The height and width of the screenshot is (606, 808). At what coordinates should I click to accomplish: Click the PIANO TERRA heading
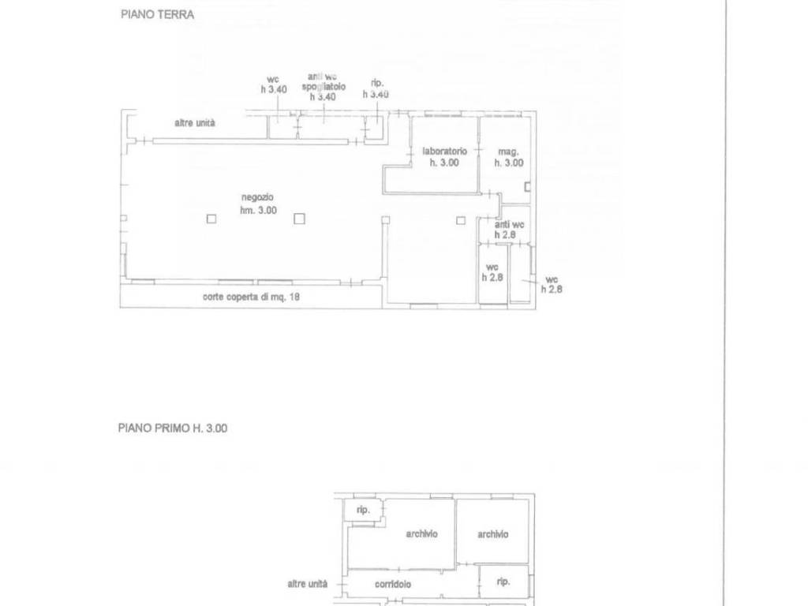pyautogui.click(x=157, y=14)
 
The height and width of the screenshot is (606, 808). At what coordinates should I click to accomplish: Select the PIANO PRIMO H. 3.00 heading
pyautogui.click(x=173, y=428)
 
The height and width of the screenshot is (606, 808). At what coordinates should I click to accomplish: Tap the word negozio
pyautogui.click(x=258, y=197)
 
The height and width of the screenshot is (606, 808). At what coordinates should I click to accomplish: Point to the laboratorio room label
pyautogui.click(x=445, y=151)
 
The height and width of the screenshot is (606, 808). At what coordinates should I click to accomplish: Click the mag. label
pyautogui.click(x=509, y=152)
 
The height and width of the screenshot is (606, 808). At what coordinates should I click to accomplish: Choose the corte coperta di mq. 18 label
pyautogui.click(x=251, y=297)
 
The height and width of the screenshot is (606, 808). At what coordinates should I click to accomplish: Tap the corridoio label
pyautogui.click(x=393, y=585)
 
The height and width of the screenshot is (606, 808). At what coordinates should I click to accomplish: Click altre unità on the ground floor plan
pyautogui.click(x=195, y=122)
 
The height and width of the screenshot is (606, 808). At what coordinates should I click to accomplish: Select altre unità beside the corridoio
pyautogui.click(x=307, y=584)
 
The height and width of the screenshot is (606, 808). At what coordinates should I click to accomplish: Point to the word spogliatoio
pyautogui.click(x=324, y=87)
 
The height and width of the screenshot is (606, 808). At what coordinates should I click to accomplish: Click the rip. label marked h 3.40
pyautogui.click(x=377, y=83)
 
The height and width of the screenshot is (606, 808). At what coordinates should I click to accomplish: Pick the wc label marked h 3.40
pyautogui.click(x=273, y=80)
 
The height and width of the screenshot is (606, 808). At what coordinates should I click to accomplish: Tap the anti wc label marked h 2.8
pyautogui.click(x=510, y=225)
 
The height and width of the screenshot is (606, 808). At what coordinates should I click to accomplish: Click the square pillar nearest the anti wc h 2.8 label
pyautogui.click(x=461, y=221)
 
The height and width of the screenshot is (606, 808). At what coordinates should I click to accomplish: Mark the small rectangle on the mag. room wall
pyautogui.click(x=527, y=186)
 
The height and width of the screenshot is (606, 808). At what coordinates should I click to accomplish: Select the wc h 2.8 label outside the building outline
pyautogui.click(x=552, y=284)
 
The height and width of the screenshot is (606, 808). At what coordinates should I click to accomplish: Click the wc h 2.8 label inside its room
pyautogui.click(x=492, y=272)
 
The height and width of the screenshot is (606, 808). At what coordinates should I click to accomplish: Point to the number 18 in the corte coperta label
pyautogui.click(x=294, y=297)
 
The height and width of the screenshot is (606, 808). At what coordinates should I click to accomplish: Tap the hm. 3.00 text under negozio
pyautogui.click(x=258, y=210)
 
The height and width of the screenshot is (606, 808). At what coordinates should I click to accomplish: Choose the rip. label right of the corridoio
pyautogui.click(x=503, y=582)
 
